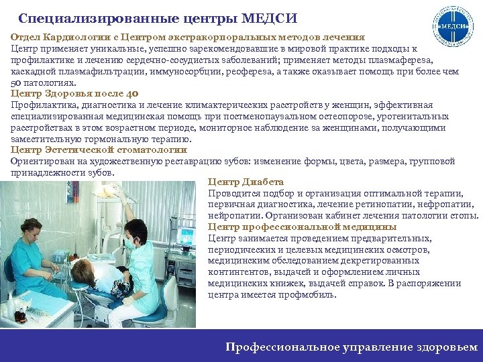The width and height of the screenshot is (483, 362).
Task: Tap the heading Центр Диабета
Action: [x=246, y=182]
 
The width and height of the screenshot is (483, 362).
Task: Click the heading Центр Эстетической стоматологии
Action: [x=99, y=149]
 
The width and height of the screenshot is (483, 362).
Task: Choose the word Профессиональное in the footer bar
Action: [x=284, y=347]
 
